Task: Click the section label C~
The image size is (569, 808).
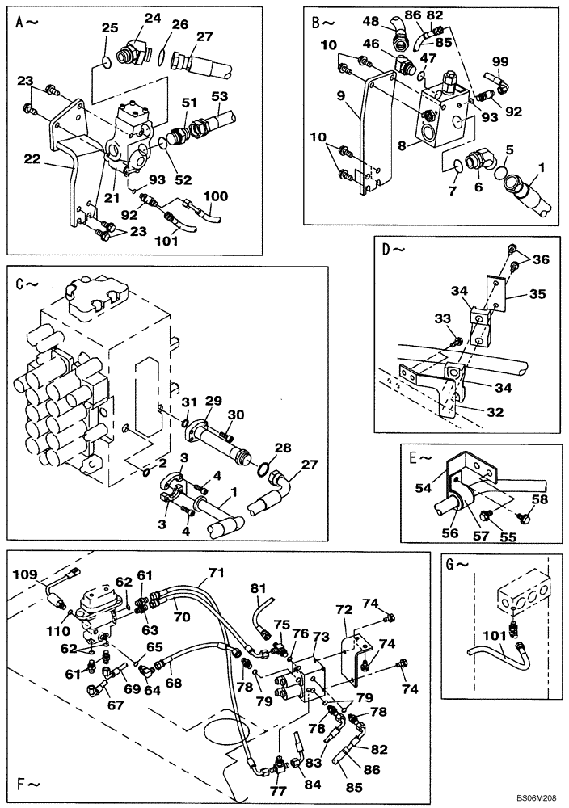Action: (x=26, y=284)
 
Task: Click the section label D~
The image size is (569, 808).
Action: (x=394, y=249)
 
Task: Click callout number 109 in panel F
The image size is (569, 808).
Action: (x=24, y=574)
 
